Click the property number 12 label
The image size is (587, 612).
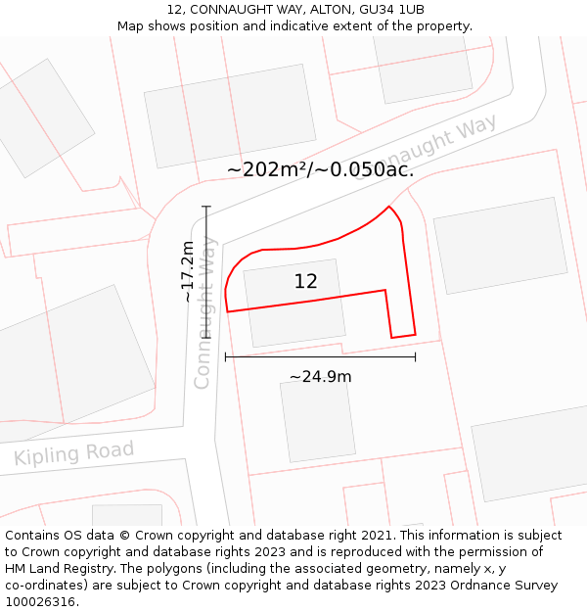click(305, 282)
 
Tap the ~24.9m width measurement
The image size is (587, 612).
click(320, 377)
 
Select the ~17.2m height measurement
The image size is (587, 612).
click(188, 271)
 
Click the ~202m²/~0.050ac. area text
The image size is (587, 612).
click(320, 169)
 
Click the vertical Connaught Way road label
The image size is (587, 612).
click(203, 312)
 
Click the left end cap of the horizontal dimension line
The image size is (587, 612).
click(226, 357)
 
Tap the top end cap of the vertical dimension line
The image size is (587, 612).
click(206, 207)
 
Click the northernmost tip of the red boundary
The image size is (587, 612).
click(389, 207)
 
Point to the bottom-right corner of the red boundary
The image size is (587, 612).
click(415, 334)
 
